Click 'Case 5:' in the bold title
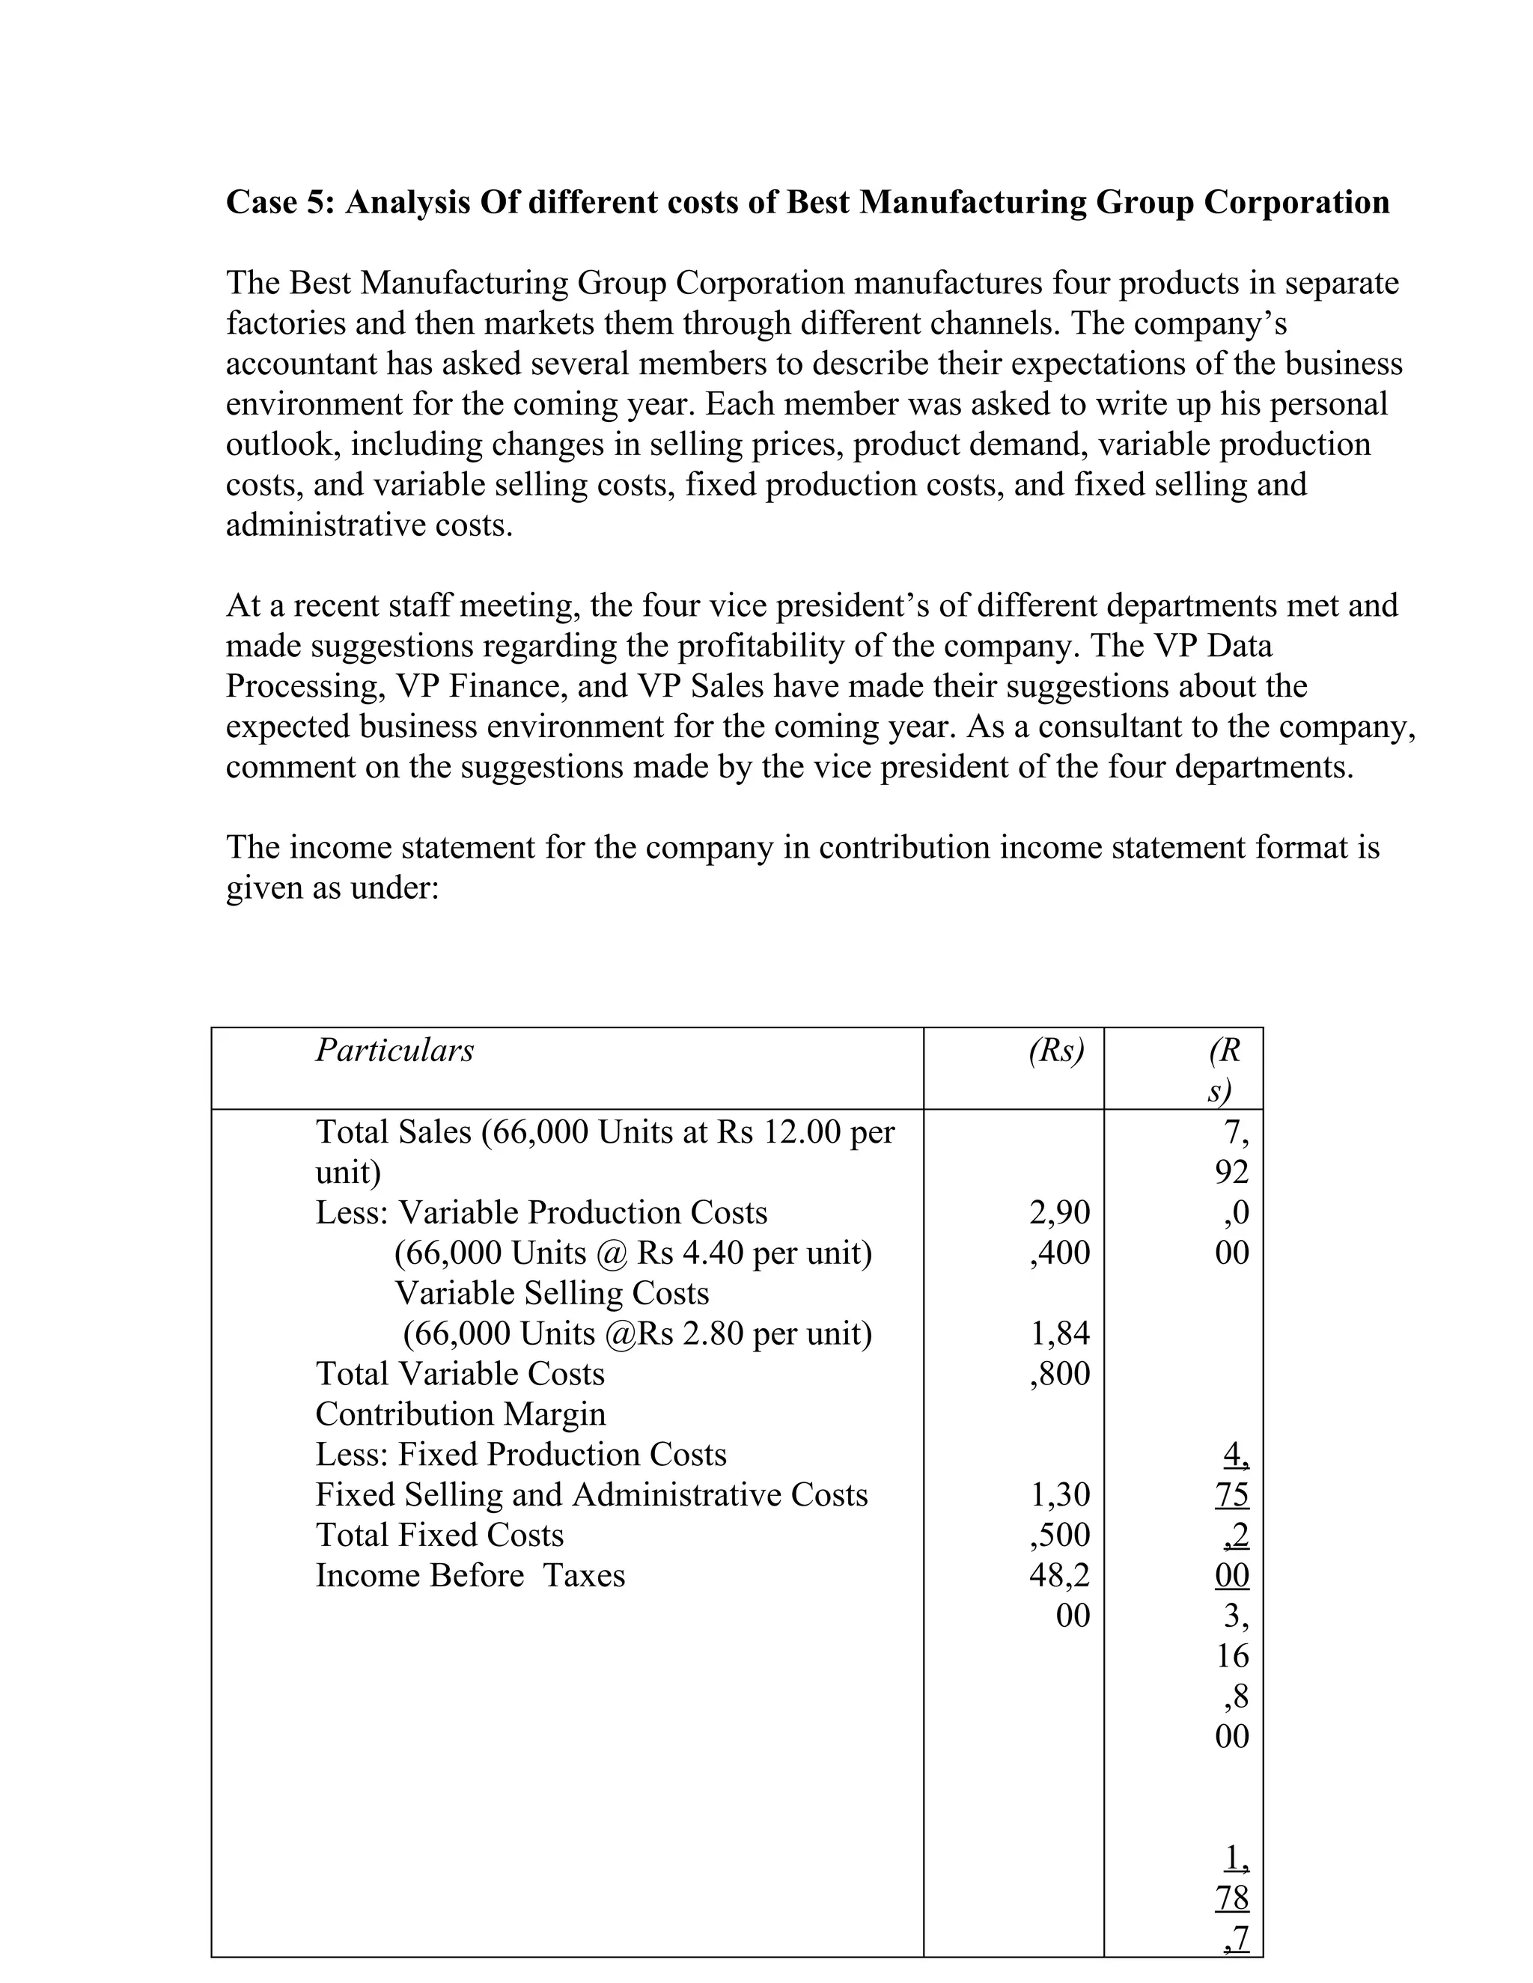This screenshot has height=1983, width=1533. click(281, 201)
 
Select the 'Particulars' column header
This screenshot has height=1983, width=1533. click(394, 1051)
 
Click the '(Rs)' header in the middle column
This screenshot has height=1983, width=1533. click(1056, 1051)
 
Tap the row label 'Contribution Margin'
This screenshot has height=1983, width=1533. click(460, 1414)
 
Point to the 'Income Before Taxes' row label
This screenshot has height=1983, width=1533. click(469, 1575)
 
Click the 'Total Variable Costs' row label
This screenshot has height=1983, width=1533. click(460, 1374)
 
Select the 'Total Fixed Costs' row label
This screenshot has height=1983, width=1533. click(439, 1535)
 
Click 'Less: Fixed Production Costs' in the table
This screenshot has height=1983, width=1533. click(520, 1455)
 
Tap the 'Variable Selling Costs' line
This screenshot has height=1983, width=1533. click(551, 1293)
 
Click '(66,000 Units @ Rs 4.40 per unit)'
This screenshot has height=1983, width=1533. click(633, 1253)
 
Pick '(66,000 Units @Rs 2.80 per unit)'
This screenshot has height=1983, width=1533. click(637, 1333)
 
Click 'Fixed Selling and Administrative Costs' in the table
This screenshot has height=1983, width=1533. click(591, 1494)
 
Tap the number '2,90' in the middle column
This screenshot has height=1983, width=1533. click(1060, 1213)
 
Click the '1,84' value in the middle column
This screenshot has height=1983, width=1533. click(1060, 1333)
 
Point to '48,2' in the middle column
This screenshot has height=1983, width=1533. click(1060, 1575)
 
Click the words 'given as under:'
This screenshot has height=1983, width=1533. click(332, 888)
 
